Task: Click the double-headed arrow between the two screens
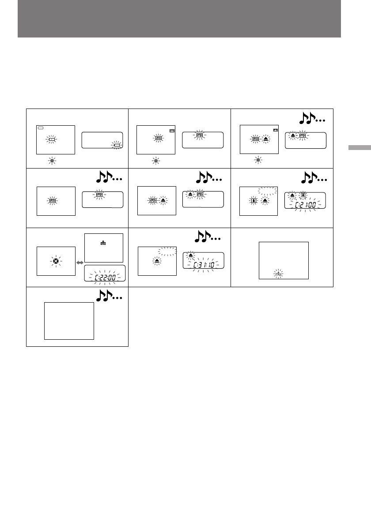point(79,262)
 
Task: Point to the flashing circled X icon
point(56,261)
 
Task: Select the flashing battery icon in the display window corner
point(116,145)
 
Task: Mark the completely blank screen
point(69,321)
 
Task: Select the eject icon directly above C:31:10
point(191,255)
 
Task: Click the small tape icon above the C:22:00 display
point(103,242)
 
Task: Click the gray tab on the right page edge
point(359,147)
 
